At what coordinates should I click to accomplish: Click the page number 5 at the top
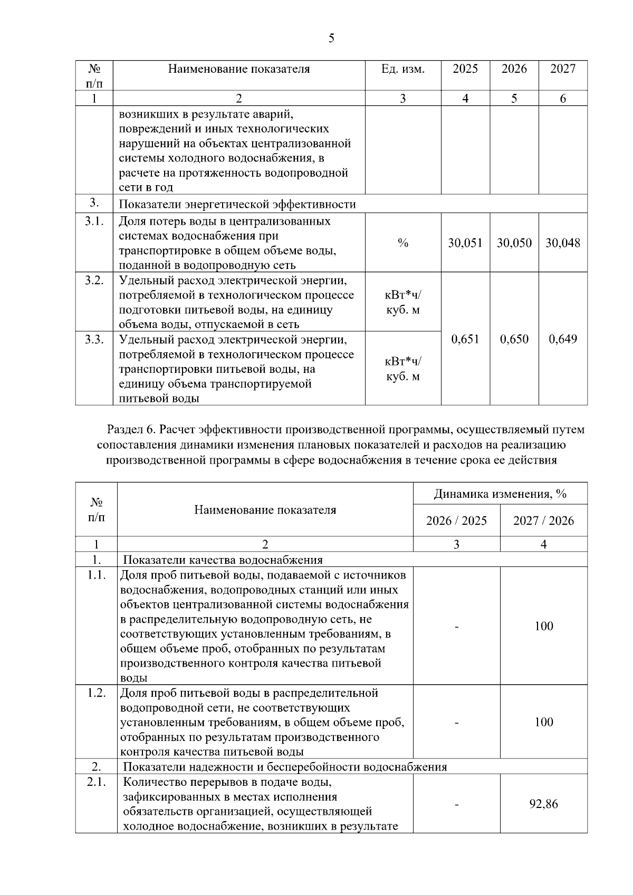pyautogui.click(x=331, y=38)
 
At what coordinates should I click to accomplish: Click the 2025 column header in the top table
pyautogui.click(x=465, y=69)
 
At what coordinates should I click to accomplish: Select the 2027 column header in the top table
pyautogui.click(x=563, y=69)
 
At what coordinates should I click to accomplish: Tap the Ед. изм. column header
pyautogui.click(x=403, y=69)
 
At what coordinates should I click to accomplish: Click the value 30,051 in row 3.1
pyautogui.click(x=465, y=243)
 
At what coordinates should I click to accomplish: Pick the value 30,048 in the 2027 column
pyautogui.click(x=563, y=243)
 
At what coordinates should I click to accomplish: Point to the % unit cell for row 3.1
pyautogui.click(x=403, y=243)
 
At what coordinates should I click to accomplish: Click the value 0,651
pyautogui.click(x=465, y=339)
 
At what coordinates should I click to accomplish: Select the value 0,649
pyautogui.click(x=563, y=339)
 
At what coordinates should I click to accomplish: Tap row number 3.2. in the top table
pyautogui.click(x=94, y=281)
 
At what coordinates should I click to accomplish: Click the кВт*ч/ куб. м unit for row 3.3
pyautogui.click(x=403, y=369)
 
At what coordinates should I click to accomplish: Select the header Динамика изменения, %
pyautogui.click(x=500, y=494)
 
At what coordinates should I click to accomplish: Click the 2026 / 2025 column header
pyautogui.click(x=456, y=521)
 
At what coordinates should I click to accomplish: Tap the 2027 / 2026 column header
pyautogui.click(x=543, y=521)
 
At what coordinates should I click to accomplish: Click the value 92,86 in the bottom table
pyautogui.click(x=543, y=804)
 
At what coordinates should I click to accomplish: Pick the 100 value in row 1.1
pyautogui.click(x=543, y=627)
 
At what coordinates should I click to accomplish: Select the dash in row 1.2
pyautogui.click(x=457, y=723)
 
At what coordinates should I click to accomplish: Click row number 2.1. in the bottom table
pyautogui.click(x=97, y=782)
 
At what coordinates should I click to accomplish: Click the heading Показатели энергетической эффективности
pyautogui.click(x=237, y=205)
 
